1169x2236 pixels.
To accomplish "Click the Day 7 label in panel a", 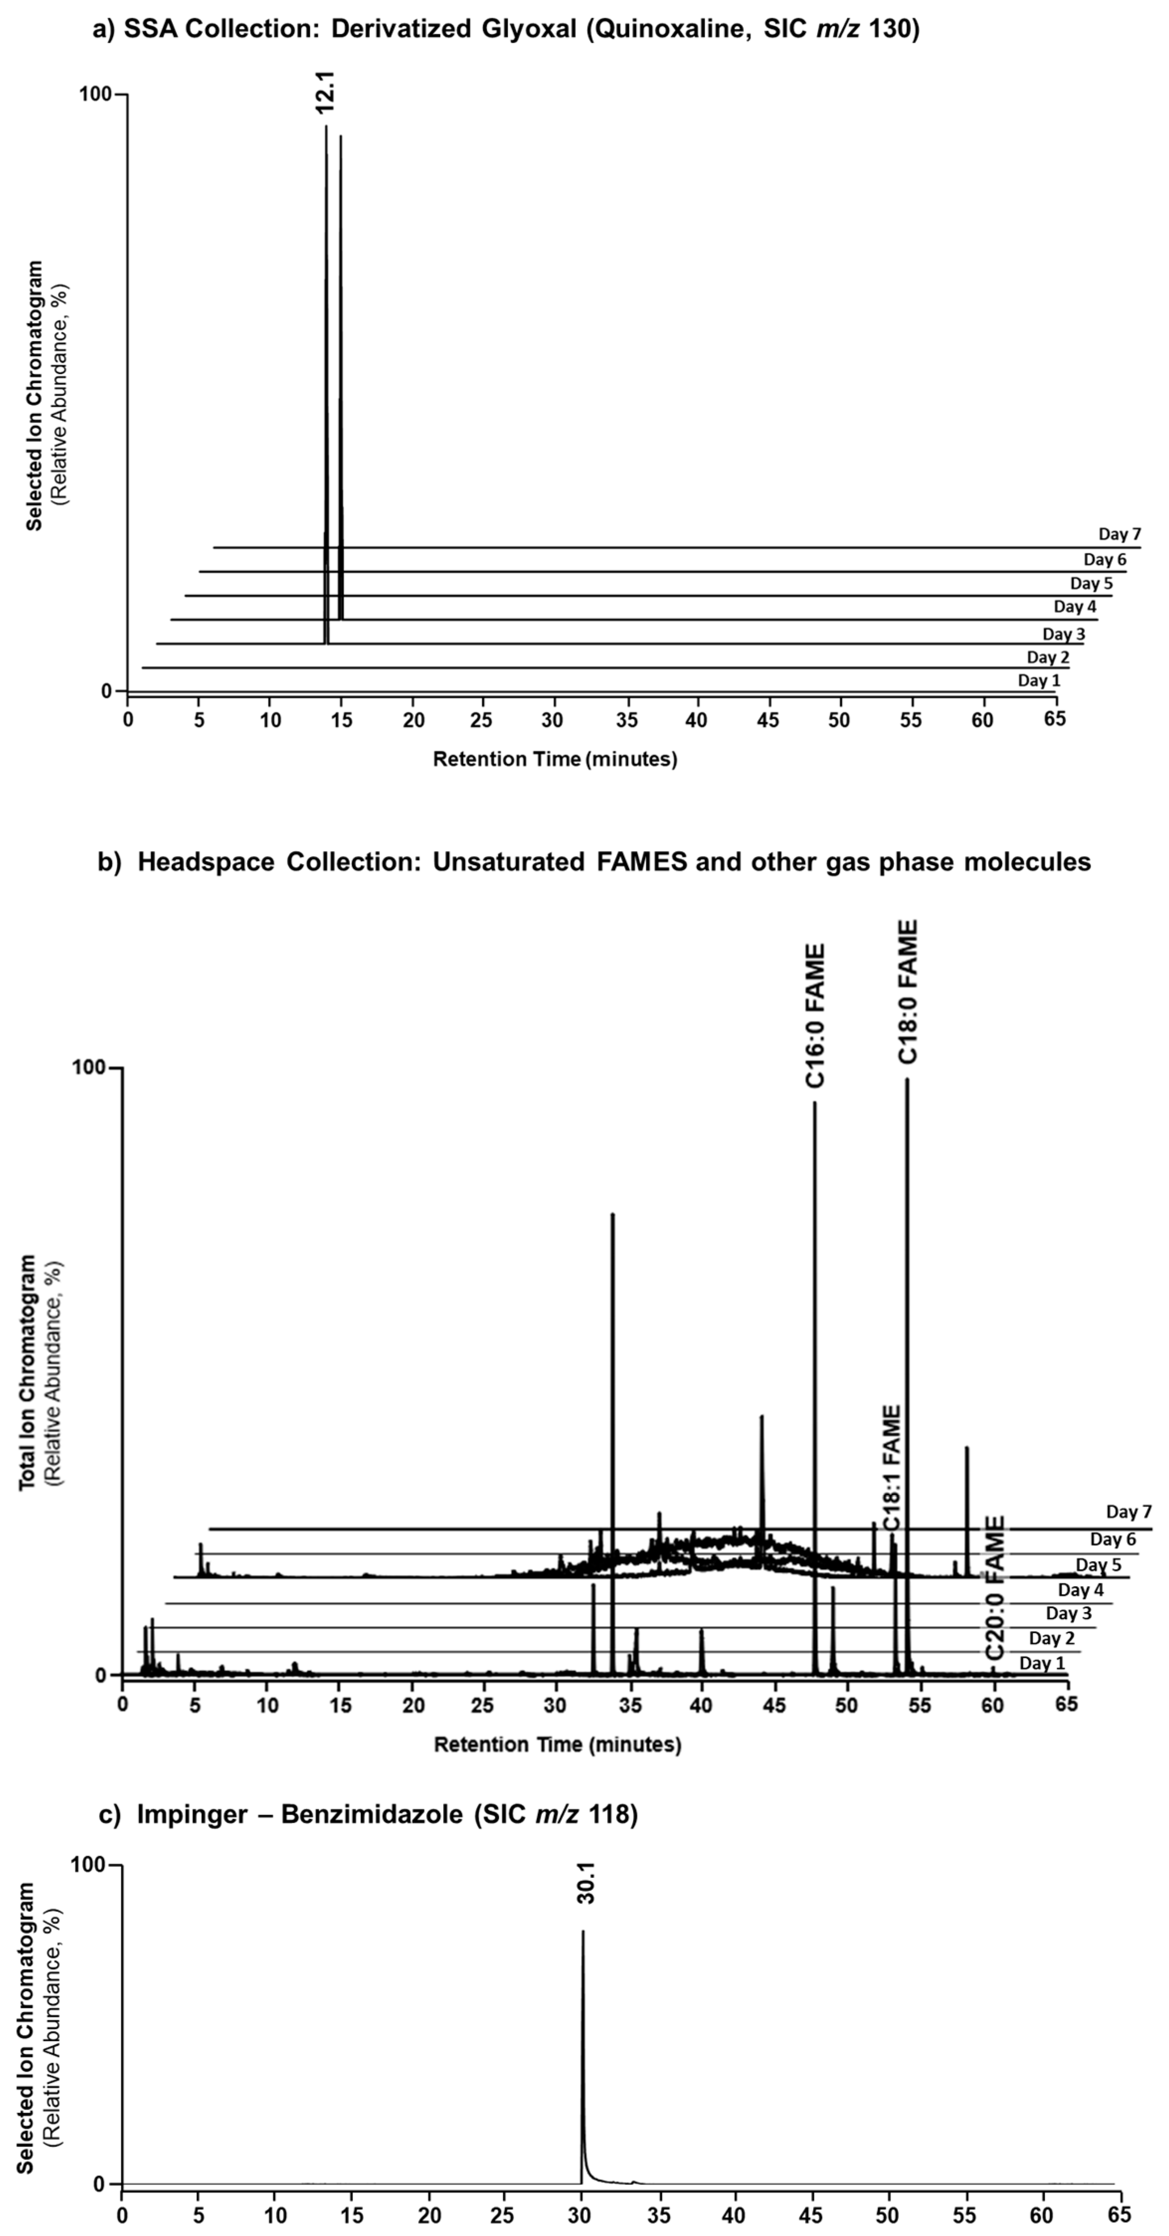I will coord(1120,534).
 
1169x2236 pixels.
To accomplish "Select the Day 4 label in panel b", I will coord(1080,1590).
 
